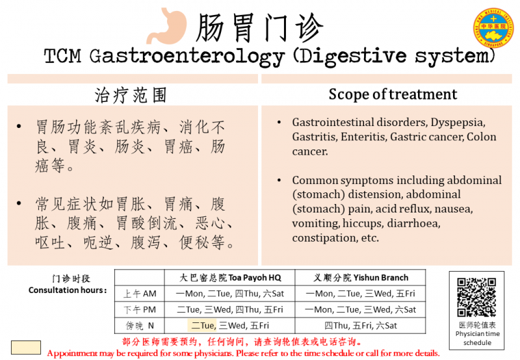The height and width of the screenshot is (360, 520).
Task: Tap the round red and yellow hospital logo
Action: coord(493,28)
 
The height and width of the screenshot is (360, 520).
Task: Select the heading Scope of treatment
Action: coord(393,94)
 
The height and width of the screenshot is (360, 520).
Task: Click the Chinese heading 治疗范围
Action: coord(131,95)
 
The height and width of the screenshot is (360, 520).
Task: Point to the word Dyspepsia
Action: coord(458,123)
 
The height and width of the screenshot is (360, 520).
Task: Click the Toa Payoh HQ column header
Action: coord(230,277)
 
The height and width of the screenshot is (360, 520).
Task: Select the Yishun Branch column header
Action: coord(361,277)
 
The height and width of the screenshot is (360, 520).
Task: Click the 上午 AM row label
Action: coord(140,294)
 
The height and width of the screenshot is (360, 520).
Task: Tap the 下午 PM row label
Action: coord(140,309)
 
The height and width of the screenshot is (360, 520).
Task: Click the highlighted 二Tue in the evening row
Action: coord(202,326)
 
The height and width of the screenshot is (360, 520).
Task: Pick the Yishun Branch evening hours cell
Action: coord(361,326)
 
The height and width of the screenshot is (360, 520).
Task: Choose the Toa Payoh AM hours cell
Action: coord(230,294)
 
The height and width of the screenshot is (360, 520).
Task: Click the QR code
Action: coord(476,297)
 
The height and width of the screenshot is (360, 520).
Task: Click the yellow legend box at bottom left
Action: coord(26,348)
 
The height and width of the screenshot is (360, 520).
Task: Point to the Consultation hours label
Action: coord(68,290)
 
